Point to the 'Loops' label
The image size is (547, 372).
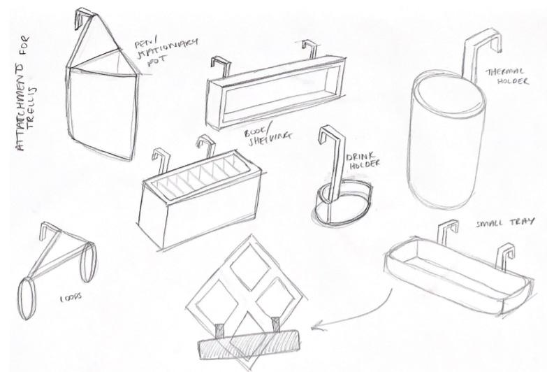click(71, 296)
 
